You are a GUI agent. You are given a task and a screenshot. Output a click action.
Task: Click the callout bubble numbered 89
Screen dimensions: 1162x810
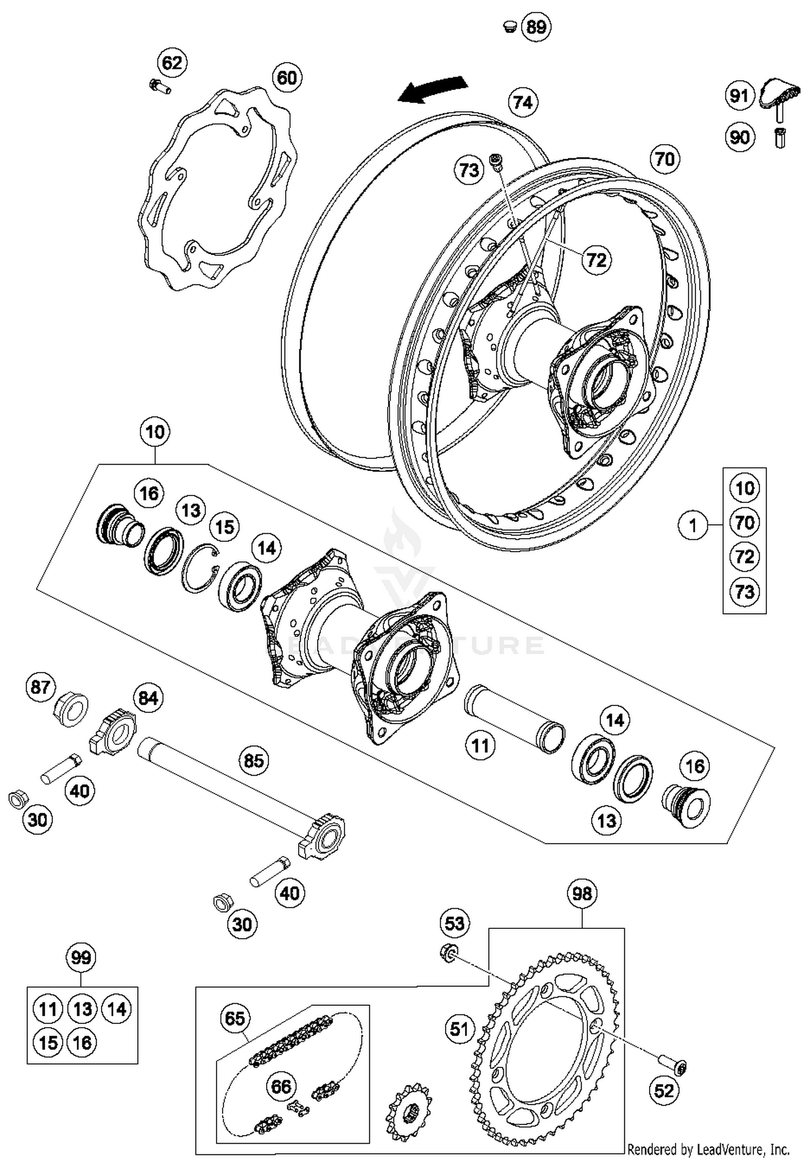(x=536, y=26)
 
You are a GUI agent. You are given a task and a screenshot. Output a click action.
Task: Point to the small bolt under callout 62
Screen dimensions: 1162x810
(x=159, y=86)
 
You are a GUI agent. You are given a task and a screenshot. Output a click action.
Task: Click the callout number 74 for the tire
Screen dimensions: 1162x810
(x=523, y=102)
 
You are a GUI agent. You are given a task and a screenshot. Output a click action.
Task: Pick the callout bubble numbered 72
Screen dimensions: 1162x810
(x=597, y=260)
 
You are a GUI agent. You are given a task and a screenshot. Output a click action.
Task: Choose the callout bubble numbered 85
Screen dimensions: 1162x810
(x=254, y=760)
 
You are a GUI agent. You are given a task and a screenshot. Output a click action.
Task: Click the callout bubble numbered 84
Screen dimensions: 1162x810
(x=148, y=698)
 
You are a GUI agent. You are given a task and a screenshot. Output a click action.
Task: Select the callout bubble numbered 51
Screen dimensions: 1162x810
(x=460, y=1029)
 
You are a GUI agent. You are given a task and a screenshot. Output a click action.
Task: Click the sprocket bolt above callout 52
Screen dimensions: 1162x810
(x=672, y=1065)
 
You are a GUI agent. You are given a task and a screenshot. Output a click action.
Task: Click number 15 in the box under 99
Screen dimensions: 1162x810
(x=48, y=1042)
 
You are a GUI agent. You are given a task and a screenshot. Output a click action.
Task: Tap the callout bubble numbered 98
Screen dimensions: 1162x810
(x=582, y=894)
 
